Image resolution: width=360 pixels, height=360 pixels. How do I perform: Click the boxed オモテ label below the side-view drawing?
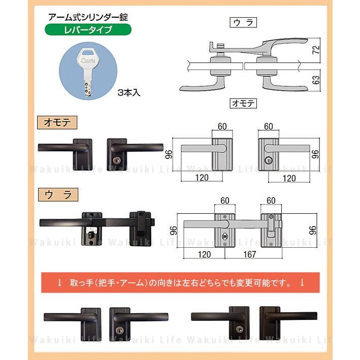(x=243, y=104)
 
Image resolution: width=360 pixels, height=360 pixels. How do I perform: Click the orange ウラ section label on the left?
(x=57, y=193)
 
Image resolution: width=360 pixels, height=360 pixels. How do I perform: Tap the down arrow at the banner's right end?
(x=304, y=281)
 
